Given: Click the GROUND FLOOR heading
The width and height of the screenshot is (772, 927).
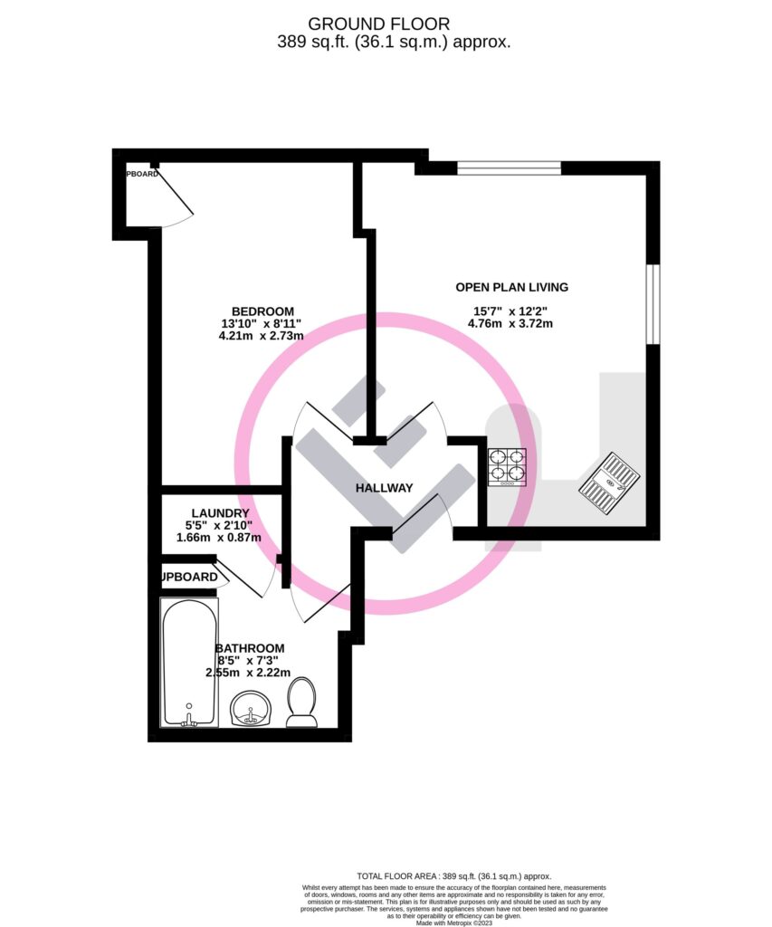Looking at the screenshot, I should (379, 23).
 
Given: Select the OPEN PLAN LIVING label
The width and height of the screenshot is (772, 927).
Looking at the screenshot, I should (511, 287).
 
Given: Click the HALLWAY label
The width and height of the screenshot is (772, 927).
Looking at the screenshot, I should (384, 488).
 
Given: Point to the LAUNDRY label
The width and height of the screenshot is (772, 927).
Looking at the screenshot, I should (219, 513).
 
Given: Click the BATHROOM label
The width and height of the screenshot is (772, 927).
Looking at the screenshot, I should (250, 648).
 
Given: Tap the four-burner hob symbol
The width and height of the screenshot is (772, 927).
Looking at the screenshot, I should (507, 468).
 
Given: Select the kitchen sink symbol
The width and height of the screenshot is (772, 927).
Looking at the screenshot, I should (610, 482).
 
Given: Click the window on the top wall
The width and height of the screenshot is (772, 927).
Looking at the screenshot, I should (509, 167).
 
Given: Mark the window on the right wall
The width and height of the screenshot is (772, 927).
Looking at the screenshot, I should (653, 305).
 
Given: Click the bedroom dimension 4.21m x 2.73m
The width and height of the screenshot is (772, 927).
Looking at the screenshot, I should (261, 336).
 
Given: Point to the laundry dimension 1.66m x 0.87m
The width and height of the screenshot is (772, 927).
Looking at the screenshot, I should (219, 538).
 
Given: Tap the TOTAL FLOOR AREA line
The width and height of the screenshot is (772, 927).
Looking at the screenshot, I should (453, 876).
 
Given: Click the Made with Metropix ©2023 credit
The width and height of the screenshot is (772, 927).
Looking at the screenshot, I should (454, 922).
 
